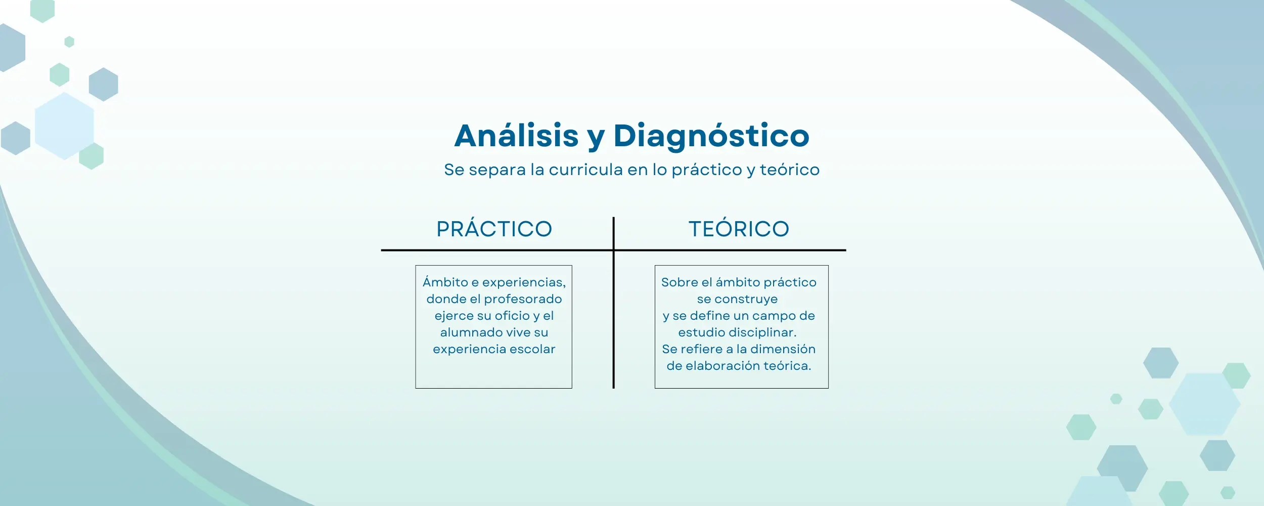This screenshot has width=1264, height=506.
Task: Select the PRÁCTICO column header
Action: (x=494, y=229)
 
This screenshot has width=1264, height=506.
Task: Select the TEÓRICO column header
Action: (x=739, y=229)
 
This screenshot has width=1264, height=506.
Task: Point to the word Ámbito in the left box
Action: (x=445, y=282)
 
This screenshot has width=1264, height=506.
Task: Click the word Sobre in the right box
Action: (x=679, y=282)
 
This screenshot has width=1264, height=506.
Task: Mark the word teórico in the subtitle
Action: (x=789, y=170)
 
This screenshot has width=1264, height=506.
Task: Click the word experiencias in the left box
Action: (x=524, y=282)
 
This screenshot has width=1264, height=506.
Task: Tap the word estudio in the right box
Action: (x=701, y=332)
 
